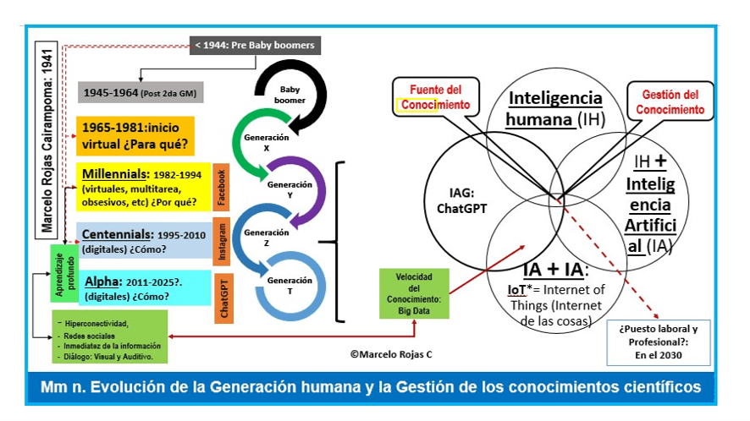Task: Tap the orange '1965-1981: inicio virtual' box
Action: point(135,135)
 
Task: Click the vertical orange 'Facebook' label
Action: point(223,186)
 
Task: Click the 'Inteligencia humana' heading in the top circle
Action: point(554,108)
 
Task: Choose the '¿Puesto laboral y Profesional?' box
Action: point(658,341)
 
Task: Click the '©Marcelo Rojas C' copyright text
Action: point(387,354)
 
